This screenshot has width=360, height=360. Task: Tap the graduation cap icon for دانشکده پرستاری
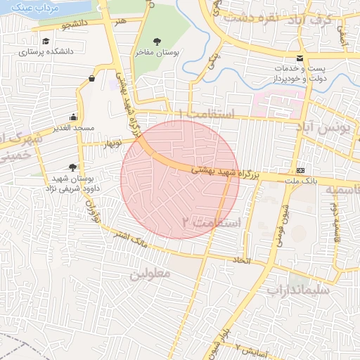click(x=46, y=41)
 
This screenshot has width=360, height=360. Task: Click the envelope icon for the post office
click(x=300, y=58)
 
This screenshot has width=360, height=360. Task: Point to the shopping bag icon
click(x=92, y=79)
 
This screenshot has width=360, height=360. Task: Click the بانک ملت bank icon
click(x=301, y=170)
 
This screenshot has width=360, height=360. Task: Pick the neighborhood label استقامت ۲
click(x=211, y=222)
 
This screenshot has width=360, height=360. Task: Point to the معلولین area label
click(x=150, y=273)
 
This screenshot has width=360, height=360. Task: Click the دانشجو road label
click(x=76, y=25)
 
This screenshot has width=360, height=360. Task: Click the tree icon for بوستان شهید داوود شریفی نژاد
click(x=73, y=167)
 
